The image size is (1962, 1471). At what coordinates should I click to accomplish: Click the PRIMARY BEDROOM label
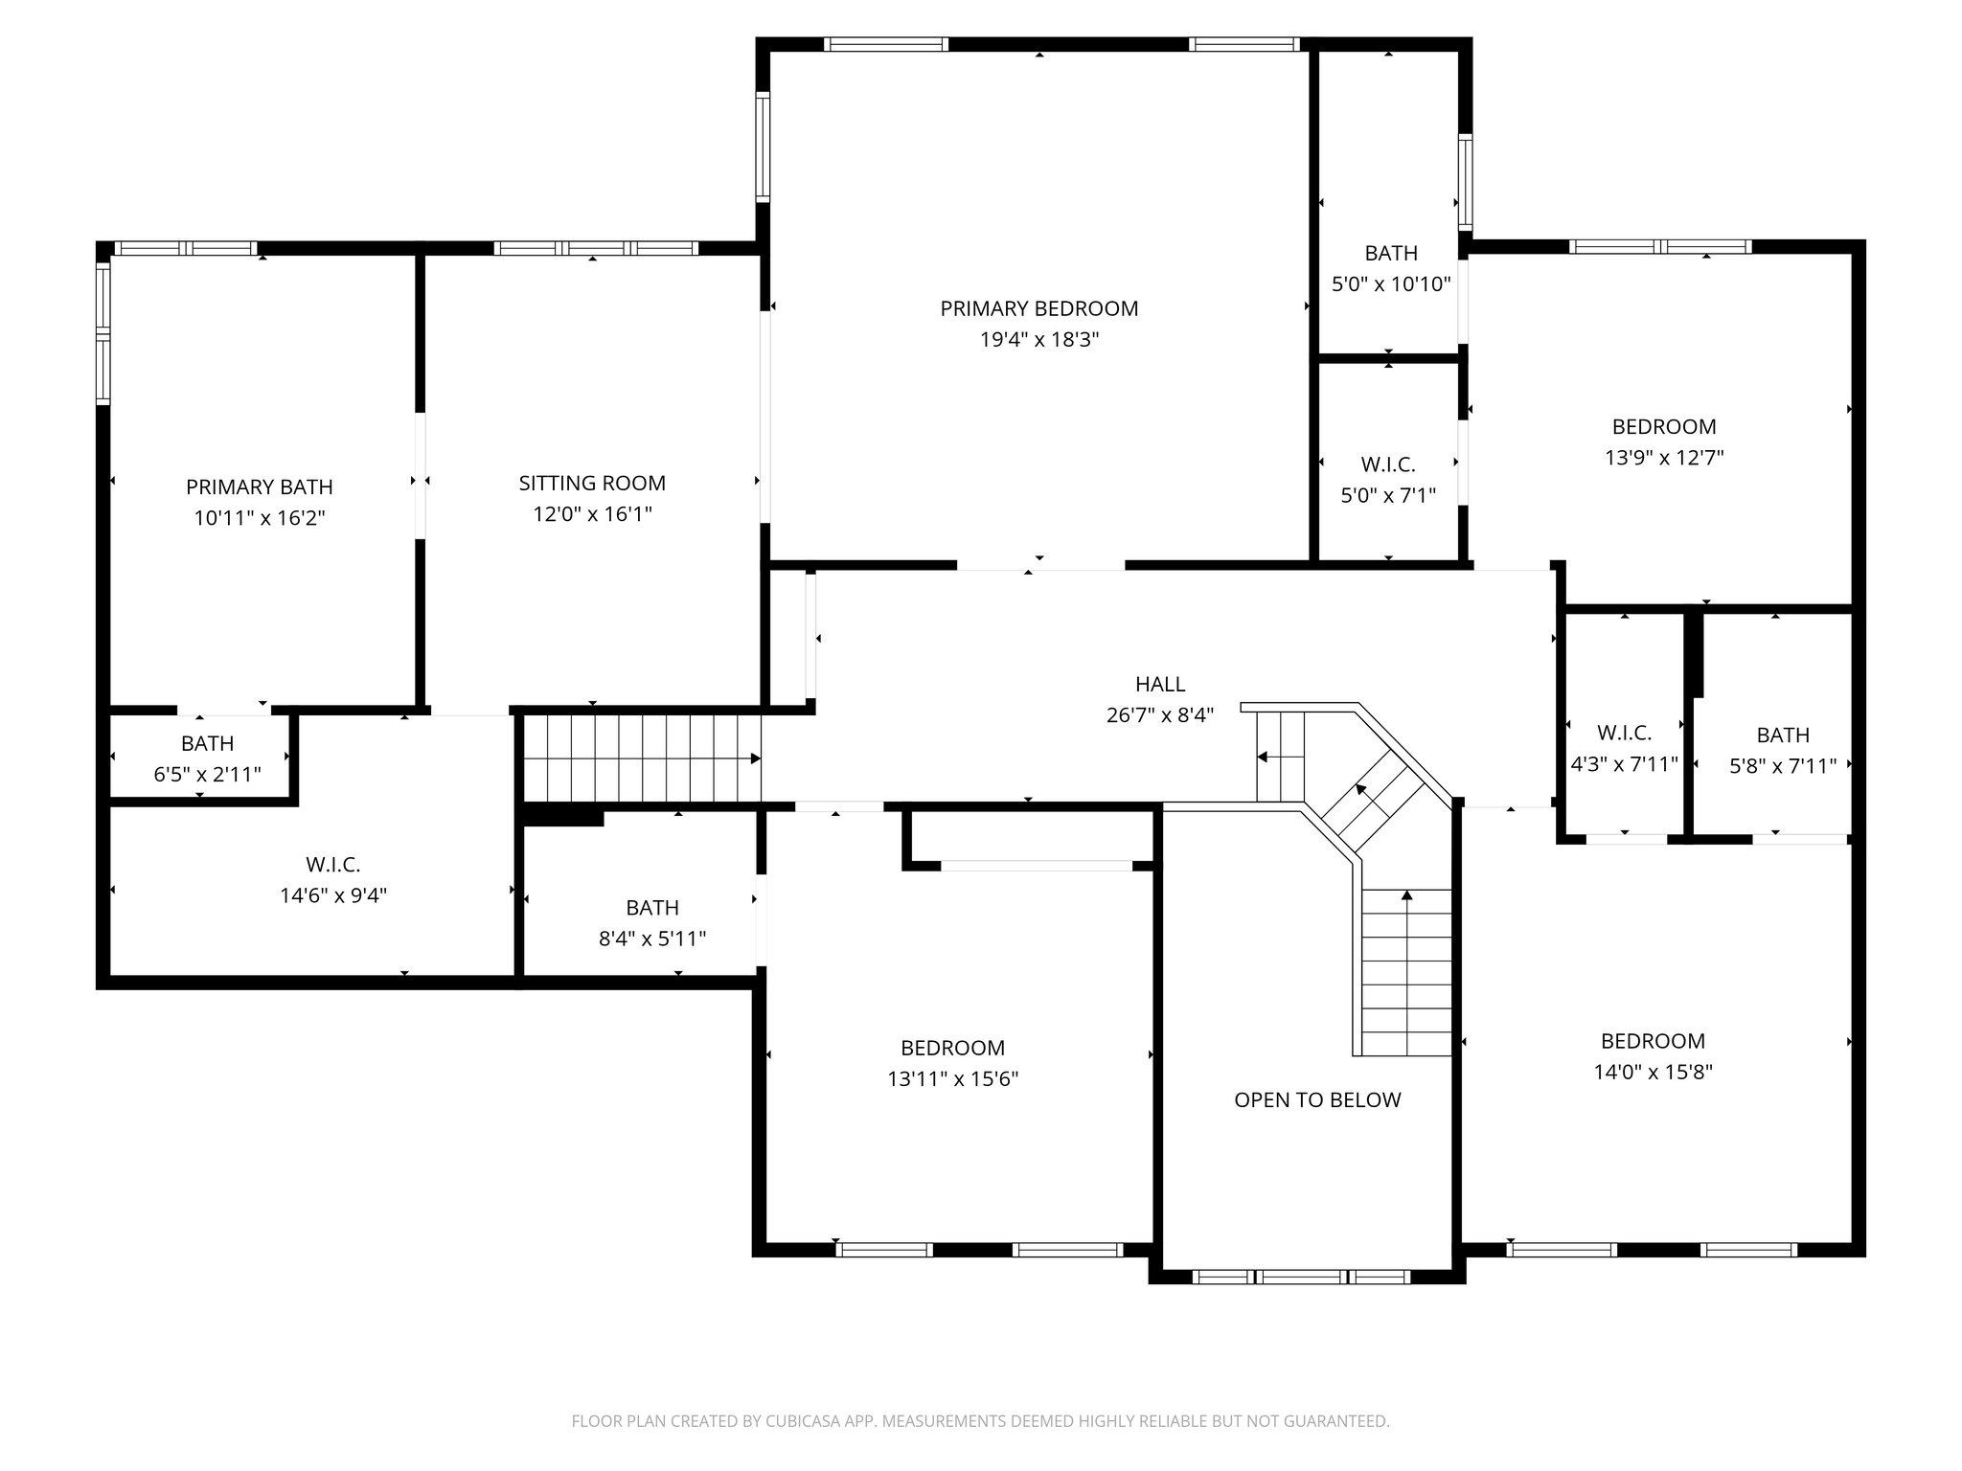click(1038, 308)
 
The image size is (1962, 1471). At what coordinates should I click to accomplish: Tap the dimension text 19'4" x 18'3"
click(1038, 339)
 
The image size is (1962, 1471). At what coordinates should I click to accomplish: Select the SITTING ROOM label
click(592, 483)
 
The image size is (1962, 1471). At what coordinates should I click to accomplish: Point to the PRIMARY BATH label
click(259, 487)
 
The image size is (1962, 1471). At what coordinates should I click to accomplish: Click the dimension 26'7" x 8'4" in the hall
click(1160, 714)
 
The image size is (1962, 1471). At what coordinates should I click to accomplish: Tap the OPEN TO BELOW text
click(1317, 1099)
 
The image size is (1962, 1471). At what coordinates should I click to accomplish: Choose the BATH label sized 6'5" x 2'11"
click(207, 743)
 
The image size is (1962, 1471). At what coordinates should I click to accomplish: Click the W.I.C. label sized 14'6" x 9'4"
click(332, 864)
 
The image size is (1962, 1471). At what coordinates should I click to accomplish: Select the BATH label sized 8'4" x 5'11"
click(652, 907)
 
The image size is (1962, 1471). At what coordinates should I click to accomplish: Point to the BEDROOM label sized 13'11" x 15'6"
click(952, 1048)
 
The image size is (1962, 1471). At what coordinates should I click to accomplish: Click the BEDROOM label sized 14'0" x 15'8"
click(1653, 1040)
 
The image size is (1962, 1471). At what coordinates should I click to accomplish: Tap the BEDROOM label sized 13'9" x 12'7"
click(1663, 426)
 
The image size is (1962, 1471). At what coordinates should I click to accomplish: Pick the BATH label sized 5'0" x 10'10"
click(1391, 253)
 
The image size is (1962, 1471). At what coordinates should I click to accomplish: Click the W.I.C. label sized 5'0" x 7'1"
click(1388, 464)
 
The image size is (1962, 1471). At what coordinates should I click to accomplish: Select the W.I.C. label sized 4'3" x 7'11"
click(1624, 733)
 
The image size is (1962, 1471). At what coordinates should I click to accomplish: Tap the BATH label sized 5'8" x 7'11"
click(1783, 735)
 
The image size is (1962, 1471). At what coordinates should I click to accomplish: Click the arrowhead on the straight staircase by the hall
click(755, 758)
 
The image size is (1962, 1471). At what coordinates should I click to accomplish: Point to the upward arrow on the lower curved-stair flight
click(1406, 896)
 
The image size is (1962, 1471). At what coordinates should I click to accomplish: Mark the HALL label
click(1160, 684)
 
